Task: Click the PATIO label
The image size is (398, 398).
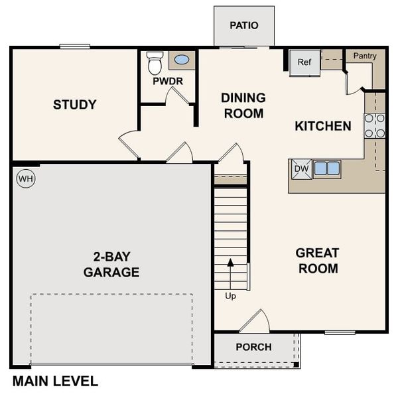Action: [243, 26]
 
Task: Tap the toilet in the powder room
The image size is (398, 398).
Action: [155, 63]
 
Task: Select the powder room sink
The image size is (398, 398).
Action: [181, 60]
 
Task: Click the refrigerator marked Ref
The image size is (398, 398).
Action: [304, 63]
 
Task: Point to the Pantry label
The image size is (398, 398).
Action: [365, 56]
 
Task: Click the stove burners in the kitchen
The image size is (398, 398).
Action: [375, 125]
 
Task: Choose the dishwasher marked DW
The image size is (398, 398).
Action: [301, 169]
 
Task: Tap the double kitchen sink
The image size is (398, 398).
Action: [326, 168]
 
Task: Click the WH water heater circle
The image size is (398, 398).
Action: [25, 178]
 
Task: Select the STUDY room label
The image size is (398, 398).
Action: [75, 105]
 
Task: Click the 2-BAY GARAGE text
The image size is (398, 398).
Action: [111, 264]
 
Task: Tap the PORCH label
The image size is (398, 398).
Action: [253, 347]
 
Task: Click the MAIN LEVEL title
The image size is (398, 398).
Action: [55, 381]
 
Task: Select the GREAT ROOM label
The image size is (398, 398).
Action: [318, 261]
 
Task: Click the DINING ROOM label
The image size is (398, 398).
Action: [243, 105]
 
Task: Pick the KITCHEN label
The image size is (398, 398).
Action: [323, 126]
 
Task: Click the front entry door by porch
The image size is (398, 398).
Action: [254, 322]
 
